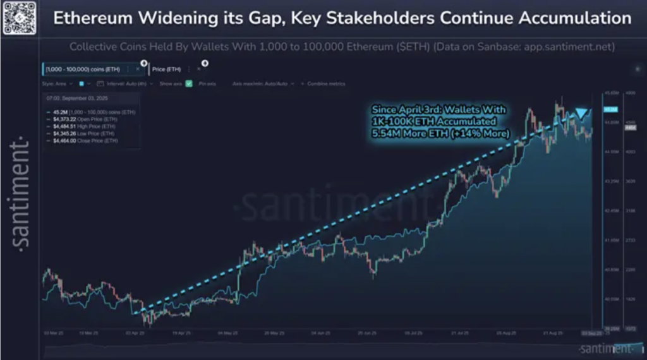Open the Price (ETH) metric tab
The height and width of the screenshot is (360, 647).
[167, 69]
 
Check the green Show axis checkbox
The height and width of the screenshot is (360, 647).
[189, 83]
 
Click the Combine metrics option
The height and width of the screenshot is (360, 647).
[326, 83]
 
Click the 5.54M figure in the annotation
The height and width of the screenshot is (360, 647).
[384, 133]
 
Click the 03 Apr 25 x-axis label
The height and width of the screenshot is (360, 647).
[136, 332]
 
